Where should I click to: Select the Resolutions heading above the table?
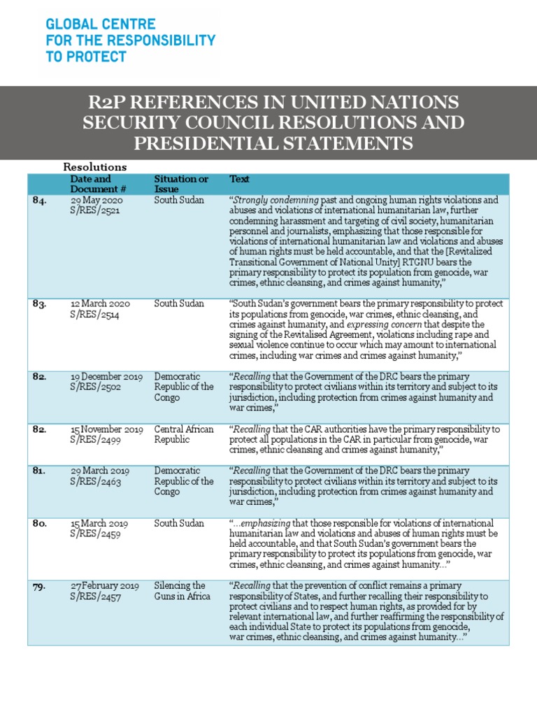[95, 167]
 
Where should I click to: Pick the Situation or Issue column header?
[181, 184]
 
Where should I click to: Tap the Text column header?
[240, 180]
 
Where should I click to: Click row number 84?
[41, 201]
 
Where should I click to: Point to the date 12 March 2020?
[103, 304]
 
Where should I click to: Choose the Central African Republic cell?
[184, 434]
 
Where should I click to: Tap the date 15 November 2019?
[107, 429]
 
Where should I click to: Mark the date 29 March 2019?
[99, 471]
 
